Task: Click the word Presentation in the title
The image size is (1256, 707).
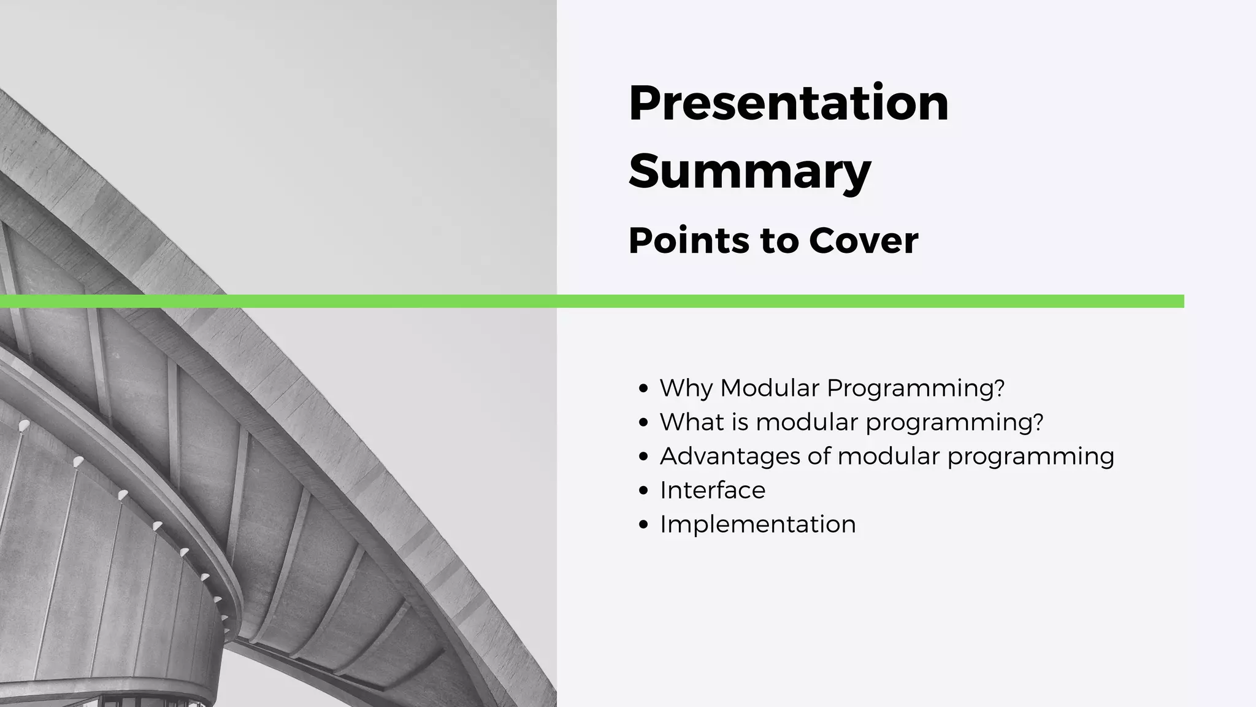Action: (789, 102)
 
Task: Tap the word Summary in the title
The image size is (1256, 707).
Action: (750, 172)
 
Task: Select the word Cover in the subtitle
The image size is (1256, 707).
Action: (863, 241)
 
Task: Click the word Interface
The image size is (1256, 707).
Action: (713, 490)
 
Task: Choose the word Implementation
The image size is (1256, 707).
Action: (758, 525)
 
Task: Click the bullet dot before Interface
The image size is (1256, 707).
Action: (643, 491)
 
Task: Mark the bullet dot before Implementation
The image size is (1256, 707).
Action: (643, 525)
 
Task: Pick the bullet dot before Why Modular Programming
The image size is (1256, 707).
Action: (643, 388)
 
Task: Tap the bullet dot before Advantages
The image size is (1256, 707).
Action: (643, 457)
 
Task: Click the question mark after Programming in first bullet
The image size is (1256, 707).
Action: (999, 388)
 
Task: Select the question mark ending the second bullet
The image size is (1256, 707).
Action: (1038, 422)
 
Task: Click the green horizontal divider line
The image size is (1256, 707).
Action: (592, 301)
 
